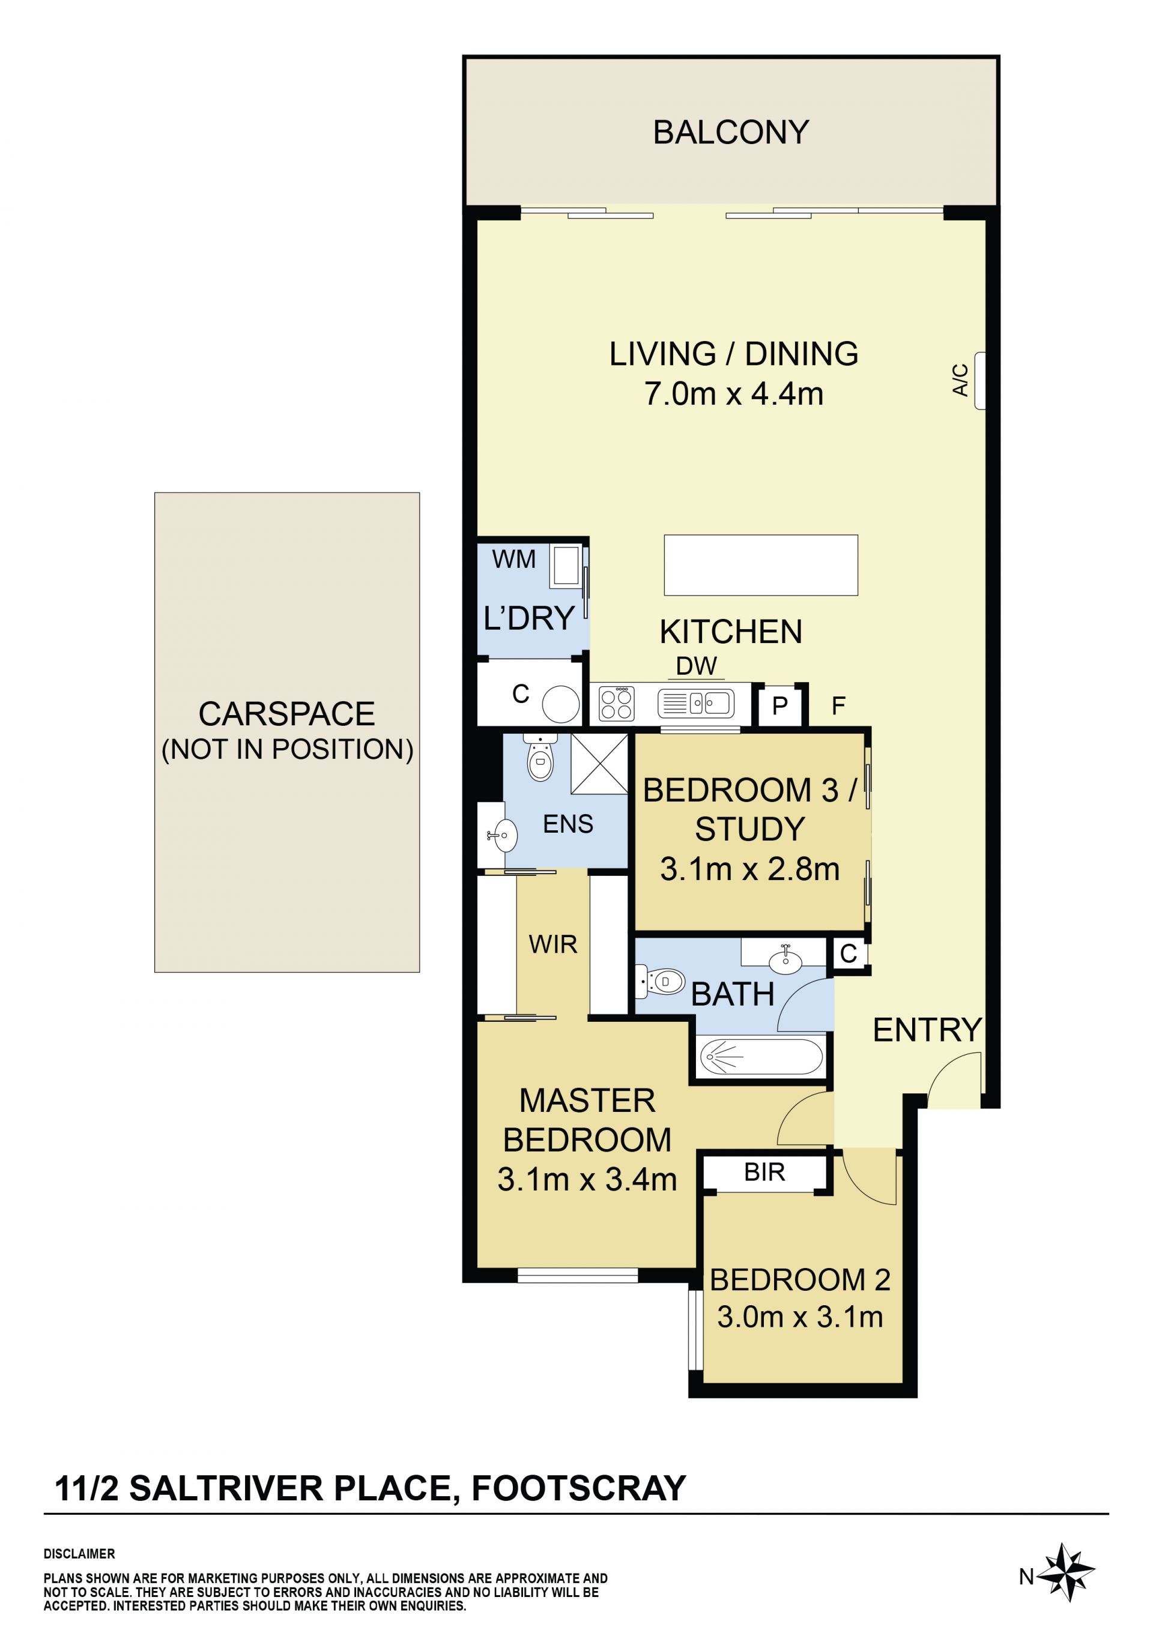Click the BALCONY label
point(731,133)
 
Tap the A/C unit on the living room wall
point(980,381)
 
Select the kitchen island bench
point(760,565)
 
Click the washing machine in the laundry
point(565,566)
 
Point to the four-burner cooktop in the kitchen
point(616,704)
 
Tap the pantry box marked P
point(779,705)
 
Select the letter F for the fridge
point(838,705)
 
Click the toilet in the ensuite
point(540,758)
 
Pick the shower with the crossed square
point(599,763)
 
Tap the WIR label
point(553,944)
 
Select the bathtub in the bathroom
point(761,1057)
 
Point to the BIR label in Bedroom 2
point(764,1172)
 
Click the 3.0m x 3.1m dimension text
point(800,1317)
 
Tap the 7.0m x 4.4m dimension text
point(733,393)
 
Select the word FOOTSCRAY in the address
point(579,1489)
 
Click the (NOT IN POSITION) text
point(288,750)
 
